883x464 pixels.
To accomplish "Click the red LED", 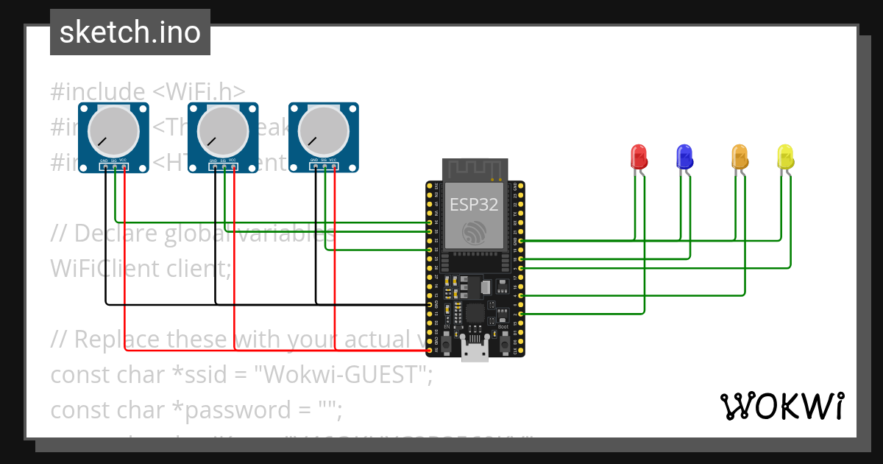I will (639, 156).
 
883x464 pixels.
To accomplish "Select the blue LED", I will (684, 156).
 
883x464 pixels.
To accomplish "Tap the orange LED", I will (740, 156).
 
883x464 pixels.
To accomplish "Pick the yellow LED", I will (785, 156).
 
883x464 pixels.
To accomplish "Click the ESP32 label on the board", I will (475, 205).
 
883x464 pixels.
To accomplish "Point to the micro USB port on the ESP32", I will (475, 351).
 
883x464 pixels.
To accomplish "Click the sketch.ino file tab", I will (130, 32).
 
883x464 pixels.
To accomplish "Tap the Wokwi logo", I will (781, 406).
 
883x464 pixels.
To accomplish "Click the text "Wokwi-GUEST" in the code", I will (341, 375).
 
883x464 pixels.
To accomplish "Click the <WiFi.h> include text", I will (199, 92).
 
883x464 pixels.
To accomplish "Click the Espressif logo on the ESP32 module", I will (475, 233).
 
